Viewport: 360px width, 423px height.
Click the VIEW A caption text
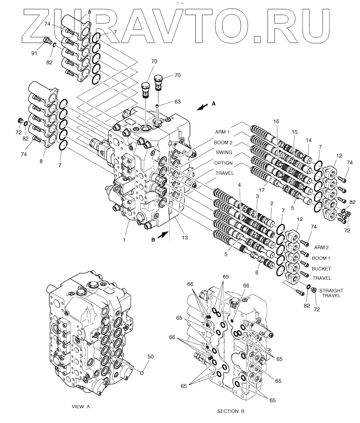(x=80, y=407)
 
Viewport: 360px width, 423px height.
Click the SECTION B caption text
(x=231, y=412)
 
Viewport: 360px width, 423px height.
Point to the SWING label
(x=224, y=153)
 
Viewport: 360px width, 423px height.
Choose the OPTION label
(x=224, y=163)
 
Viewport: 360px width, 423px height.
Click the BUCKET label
(x=321, y=269)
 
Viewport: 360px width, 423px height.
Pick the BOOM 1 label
(x=321, y=258)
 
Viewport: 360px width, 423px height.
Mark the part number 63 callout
(x=177, y=102)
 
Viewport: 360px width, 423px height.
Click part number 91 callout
(x=34, y=53)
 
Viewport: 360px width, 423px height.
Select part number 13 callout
(x=185, y=238)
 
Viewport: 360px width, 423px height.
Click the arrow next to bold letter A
(x=201, y=107)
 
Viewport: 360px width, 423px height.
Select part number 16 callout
(x=277, y=121)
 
